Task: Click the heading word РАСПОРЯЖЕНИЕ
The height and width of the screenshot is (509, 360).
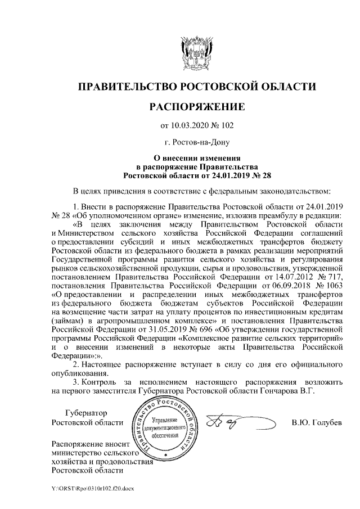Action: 196,107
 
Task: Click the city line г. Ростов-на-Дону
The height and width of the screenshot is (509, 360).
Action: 196,143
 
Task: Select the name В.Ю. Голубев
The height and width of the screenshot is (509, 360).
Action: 317,422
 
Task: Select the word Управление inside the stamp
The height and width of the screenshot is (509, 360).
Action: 165,421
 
